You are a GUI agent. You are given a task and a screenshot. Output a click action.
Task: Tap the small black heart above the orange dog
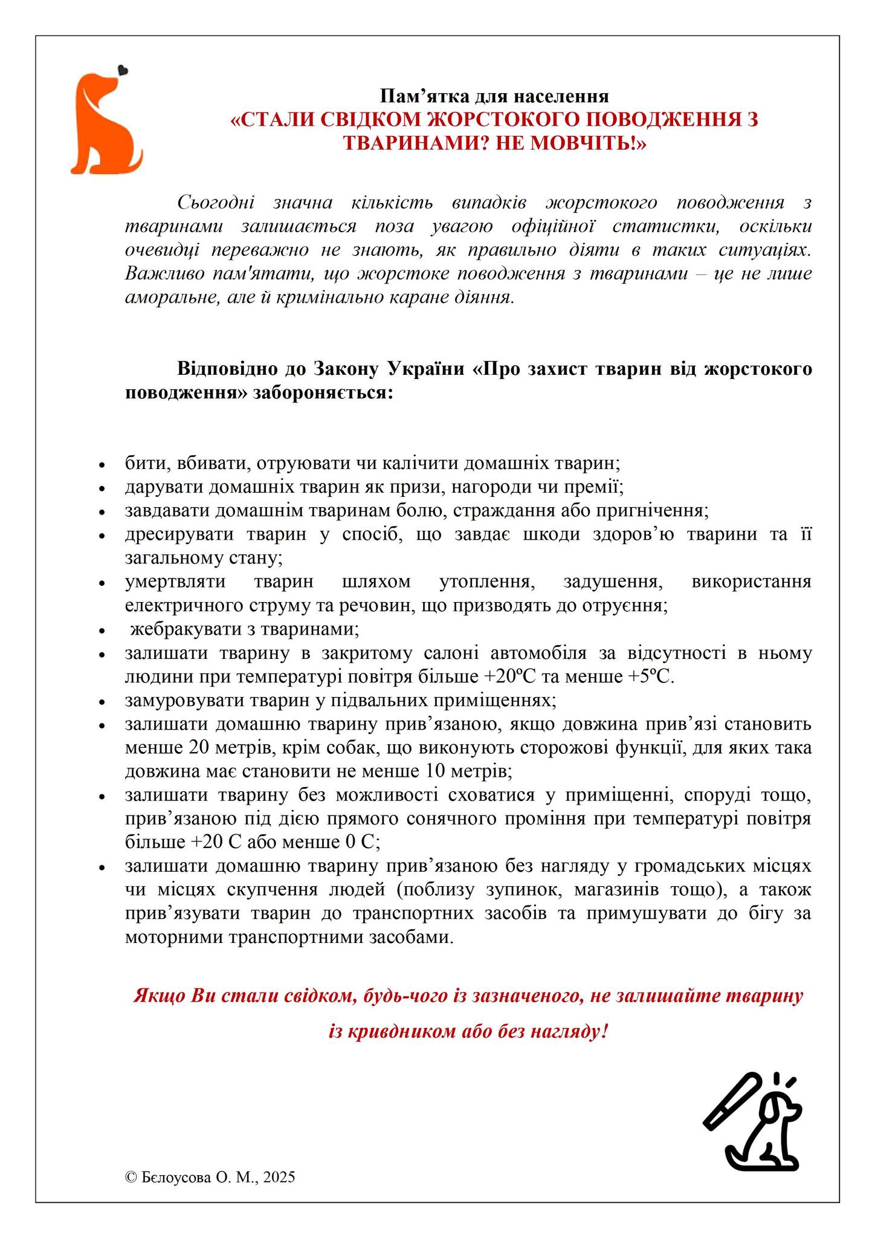click(123, 70)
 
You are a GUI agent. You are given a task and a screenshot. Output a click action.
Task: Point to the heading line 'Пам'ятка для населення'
click(494, 96)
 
